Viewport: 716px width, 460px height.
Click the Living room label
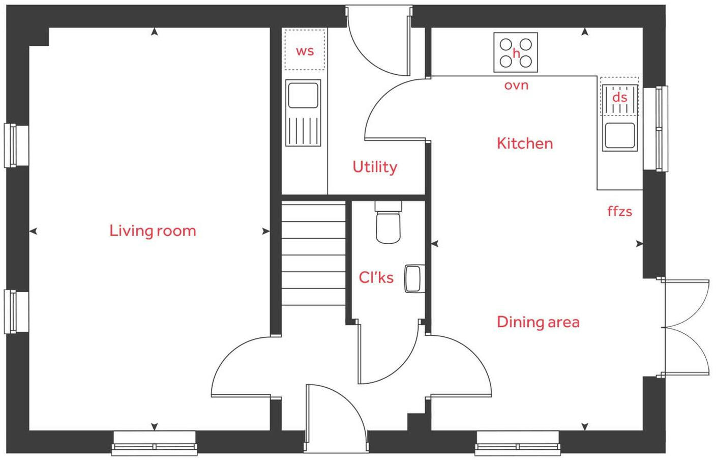(153, 231)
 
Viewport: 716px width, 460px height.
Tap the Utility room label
(375, 167)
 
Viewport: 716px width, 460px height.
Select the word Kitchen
(524, 143)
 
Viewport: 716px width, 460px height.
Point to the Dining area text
(538, 322)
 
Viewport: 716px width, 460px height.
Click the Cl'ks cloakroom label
(376, 277)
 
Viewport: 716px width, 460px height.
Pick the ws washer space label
(305, 51)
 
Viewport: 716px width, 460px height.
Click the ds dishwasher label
(619, 97)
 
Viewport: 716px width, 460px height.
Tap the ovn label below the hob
(516, 85)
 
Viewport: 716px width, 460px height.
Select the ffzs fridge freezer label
(619, 211)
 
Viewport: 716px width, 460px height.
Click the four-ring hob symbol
(516, 52)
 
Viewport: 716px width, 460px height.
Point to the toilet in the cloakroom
(388, 224)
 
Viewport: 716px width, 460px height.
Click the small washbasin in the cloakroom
(414, 279)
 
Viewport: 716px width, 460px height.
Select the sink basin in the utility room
(303, 95)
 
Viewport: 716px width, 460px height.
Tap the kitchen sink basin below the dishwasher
(620, 136)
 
